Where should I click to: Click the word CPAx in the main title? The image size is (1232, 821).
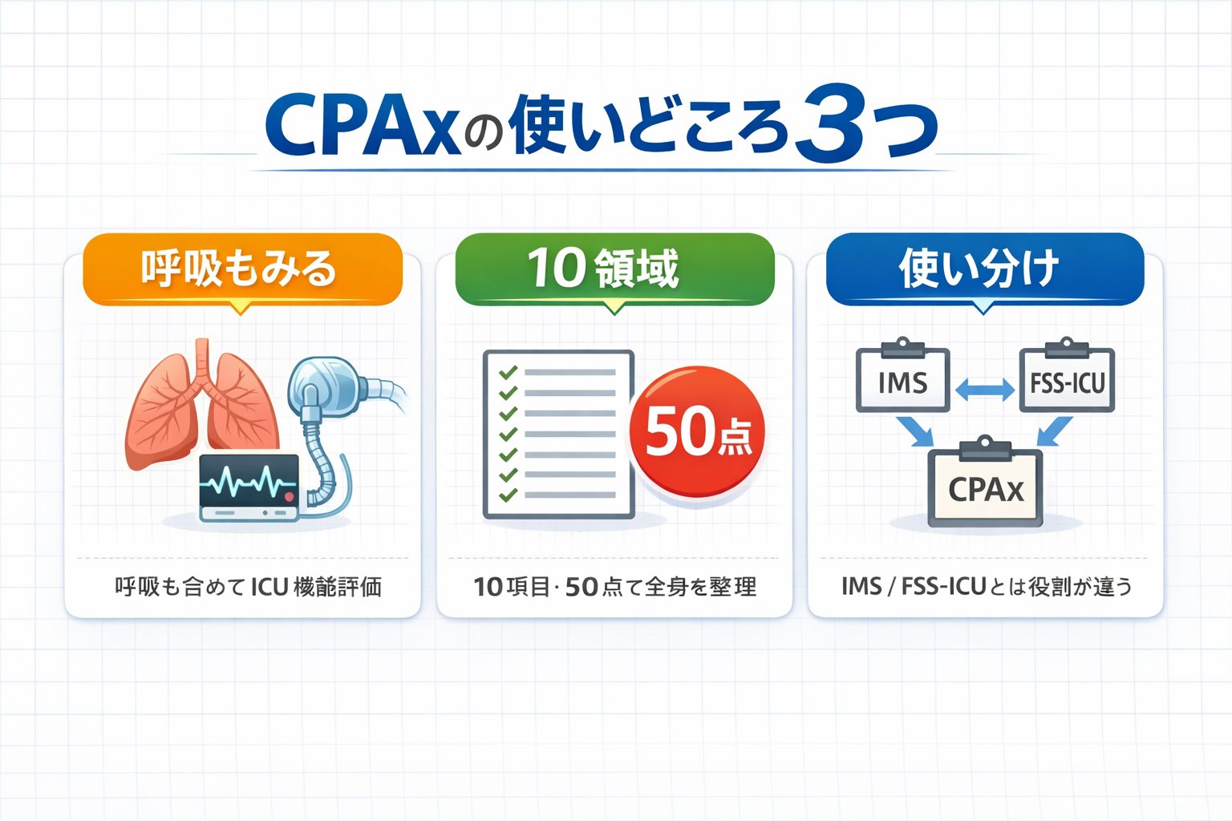pos(363,125)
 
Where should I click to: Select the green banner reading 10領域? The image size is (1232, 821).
pos(614,269)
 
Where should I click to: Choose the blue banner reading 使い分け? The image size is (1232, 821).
pos(984,269)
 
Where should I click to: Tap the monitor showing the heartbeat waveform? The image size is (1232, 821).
pos(249,485)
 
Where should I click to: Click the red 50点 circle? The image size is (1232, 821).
pos(696,431)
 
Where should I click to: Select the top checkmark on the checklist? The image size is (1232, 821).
pos(508,373)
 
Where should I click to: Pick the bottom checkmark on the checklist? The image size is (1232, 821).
pos(508,495)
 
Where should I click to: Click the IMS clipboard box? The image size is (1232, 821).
pos(902,382)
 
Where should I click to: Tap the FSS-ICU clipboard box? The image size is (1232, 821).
pos(1067,382)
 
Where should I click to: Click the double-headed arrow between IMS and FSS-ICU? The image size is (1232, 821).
pos(985,390)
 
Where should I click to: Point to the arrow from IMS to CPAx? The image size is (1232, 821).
pos(915,432)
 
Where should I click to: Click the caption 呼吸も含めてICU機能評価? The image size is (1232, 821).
pos(248,587)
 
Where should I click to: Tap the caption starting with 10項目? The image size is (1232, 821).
pos(614,587)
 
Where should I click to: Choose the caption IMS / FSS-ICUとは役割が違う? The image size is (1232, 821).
pos(987,587)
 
